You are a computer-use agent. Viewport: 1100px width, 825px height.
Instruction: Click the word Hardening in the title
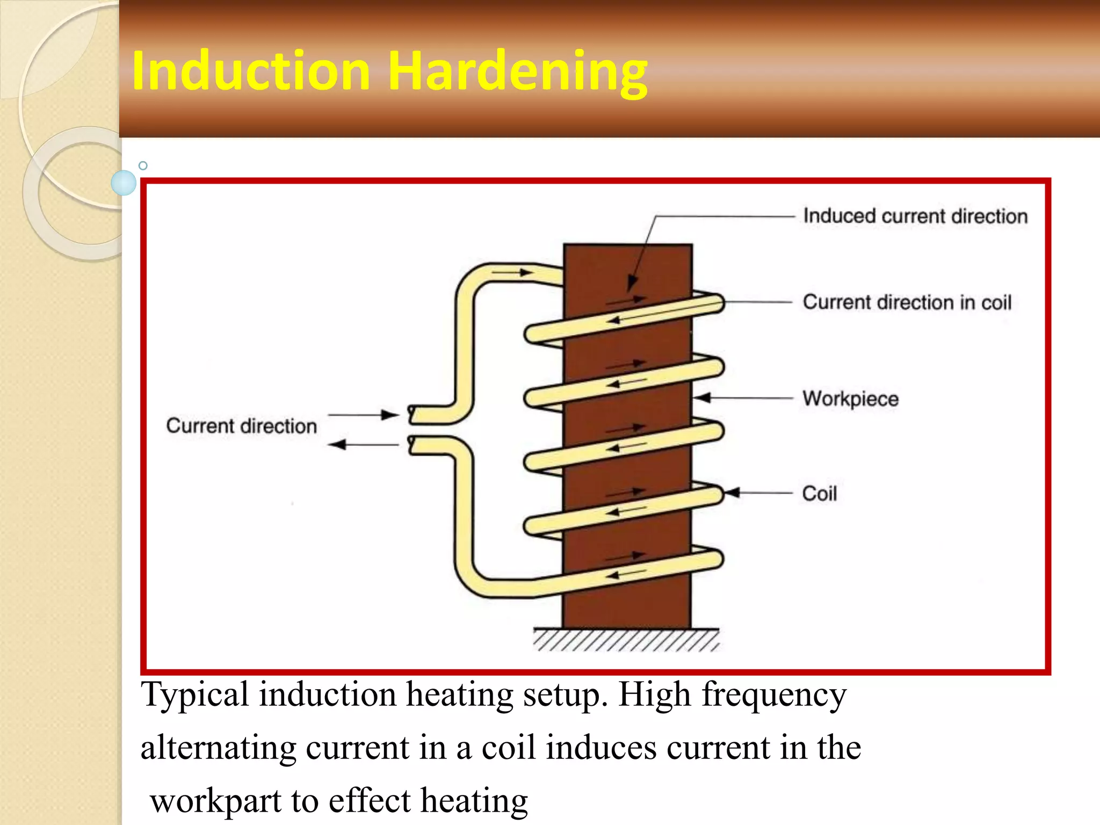click(x=517, y=71)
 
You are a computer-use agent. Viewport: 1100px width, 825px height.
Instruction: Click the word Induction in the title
click(x=251, y=71)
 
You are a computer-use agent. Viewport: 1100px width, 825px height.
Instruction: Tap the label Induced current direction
click(x=915, y=216)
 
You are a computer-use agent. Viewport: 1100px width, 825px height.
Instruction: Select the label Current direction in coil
click(x=907, y=302)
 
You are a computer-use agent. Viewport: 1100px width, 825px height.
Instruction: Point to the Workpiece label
click(x=850, y=399)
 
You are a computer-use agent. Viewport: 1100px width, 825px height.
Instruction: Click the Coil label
click(x=819, y=494)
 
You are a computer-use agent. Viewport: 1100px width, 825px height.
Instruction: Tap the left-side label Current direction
click(x=242, y=426)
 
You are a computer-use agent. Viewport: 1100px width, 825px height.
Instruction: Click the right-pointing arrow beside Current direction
click(x=364, y=415)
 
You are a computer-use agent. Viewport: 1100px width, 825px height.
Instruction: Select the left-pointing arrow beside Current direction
click(x=364, y=445)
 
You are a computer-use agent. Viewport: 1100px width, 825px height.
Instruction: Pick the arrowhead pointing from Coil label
click(x=733, y=492)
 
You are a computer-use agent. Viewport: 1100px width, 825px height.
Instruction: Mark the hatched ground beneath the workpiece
click(x=626, y=640)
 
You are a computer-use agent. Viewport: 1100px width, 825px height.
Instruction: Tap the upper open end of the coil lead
click(x=412, y=414)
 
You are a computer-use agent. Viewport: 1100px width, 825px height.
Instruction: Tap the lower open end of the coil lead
click(x=412, y=445)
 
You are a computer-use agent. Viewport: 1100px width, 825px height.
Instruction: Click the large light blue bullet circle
click(x=124, y=183)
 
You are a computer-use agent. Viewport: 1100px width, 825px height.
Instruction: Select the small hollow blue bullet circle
click(x=143, y=165)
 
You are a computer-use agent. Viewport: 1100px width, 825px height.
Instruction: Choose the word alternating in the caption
click(x=218, y=748)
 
